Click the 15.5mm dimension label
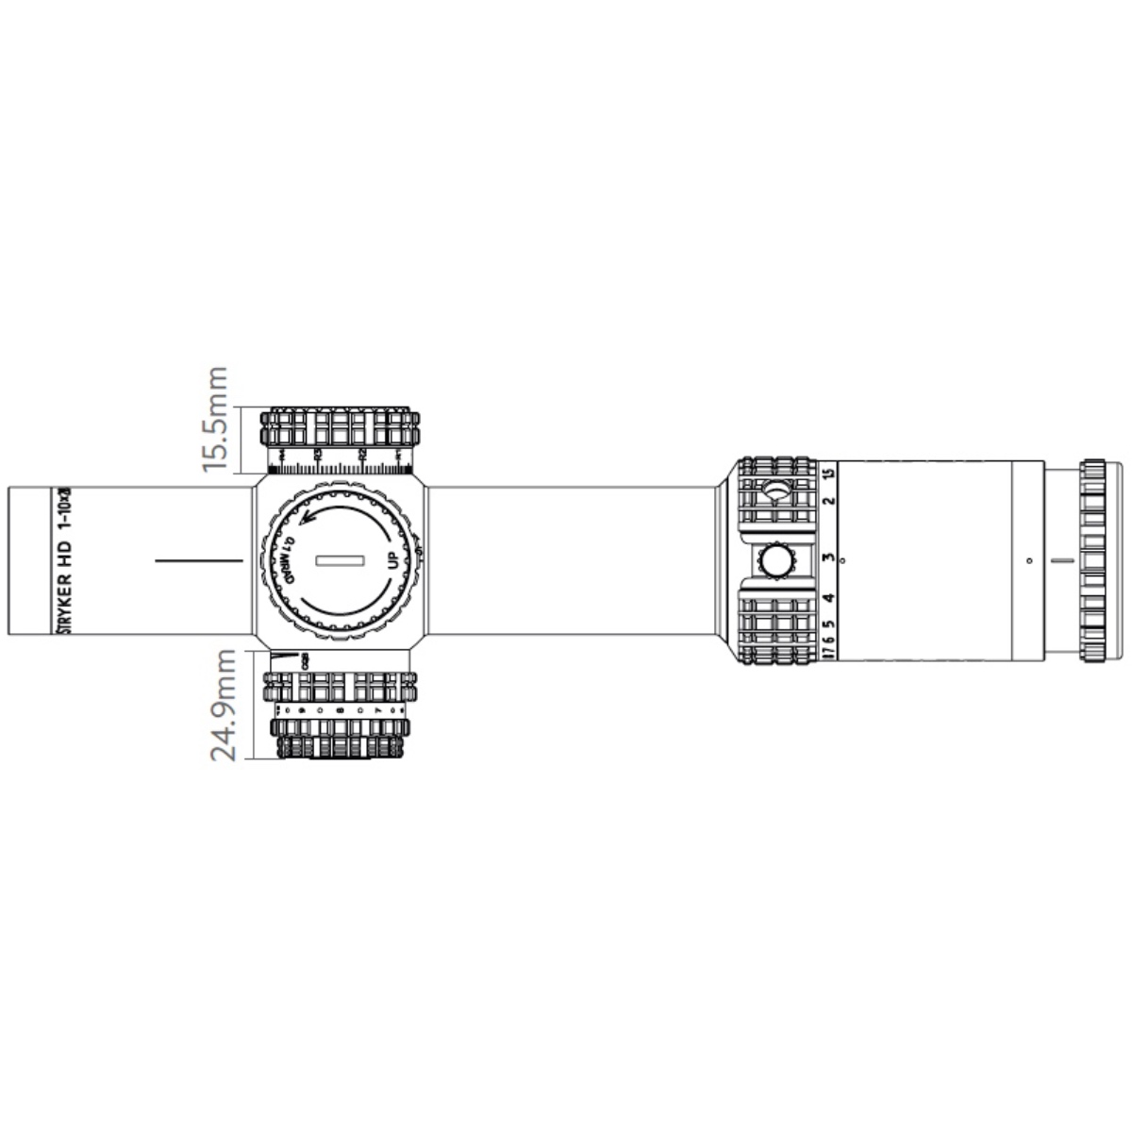[217, 419]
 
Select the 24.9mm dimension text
[223, 705]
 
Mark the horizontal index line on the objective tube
[200, 560]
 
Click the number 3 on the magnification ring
[828, 558]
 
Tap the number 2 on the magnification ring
[828, 500]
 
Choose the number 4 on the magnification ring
[828, 598]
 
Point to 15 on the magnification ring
[828, 474]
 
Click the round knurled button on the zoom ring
[776, 560]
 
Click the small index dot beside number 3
[842, 561]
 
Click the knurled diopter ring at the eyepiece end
[1094, 561]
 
